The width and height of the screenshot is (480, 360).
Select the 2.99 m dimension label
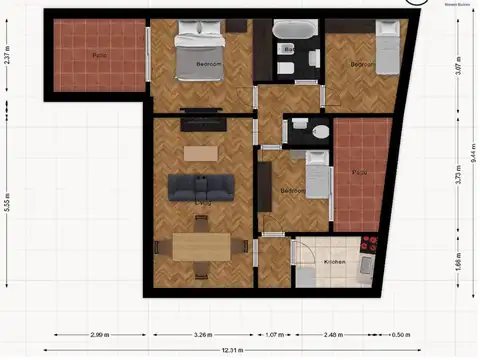point(98,335)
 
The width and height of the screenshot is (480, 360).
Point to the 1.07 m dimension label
point(272,335)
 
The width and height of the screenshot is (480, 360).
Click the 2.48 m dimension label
point(333,335)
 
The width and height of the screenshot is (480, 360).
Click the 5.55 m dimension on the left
point(7,204)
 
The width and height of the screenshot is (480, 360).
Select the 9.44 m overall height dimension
point(472,156)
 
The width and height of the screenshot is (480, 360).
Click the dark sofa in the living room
point(201,185)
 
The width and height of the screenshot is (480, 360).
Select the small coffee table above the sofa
point(199,153)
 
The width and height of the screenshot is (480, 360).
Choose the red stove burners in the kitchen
point(370,243)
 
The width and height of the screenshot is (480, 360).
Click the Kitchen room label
point(334,262)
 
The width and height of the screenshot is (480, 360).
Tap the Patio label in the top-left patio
point(99,54)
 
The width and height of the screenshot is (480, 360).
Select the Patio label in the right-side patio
point(358,172)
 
